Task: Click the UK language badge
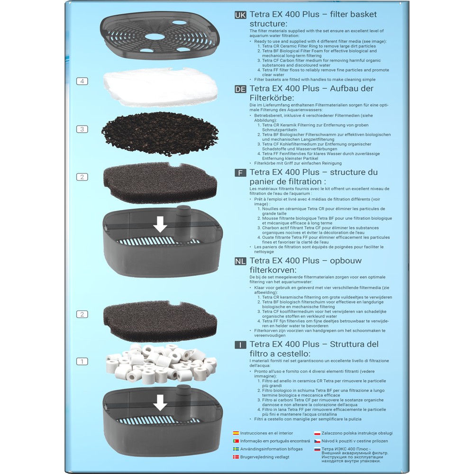pyautogui.click(x=240, y=15)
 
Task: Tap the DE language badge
pyautogui.click(x=240, y=89)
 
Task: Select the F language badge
pyautogui.click(x=240, y=173)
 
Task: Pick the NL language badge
pyautogui.click(x=240, y=261)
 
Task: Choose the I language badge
pyautogui.click(x=240, y=345)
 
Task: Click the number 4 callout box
pyautogui.click(x=82, y=82)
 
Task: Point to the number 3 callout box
pyautogui.click(x=82, y=129)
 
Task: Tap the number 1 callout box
pyautogui.click(x=82, y=361)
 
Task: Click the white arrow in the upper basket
pyautogui.click(x=160, y=224)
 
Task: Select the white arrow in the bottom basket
pyautogui.click(x=160, y=402)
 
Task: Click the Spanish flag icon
pyautogui.click(x=236, y=433)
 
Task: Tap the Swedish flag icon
pyautogui.click(x=236, y=449)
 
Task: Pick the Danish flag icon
pyautogui.click(x=236, y=457)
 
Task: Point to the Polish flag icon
pyautogui.click(x=317, y=433)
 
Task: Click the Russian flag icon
pyautogui.click(x=317, y=449)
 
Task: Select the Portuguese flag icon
pyautogui.click(x=236, y=441)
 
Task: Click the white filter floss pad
pyautogui.click(x=160, y=87)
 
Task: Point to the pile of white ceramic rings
pyautogui.click(x=161, y=362)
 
